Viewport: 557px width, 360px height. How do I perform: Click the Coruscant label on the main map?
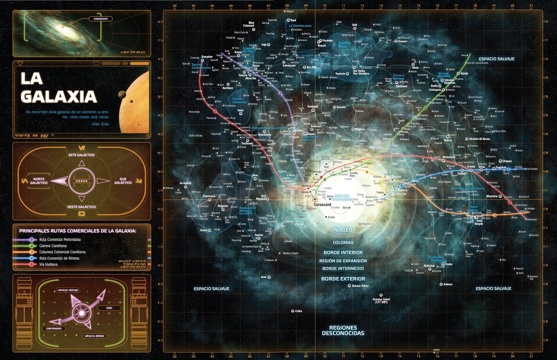click(x=322, y=205)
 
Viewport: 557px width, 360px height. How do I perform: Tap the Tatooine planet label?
click(x=449, y=80)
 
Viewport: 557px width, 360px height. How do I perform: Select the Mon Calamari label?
click(x=249, y=24)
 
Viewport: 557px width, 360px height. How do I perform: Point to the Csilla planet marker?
click(x=292, y=311)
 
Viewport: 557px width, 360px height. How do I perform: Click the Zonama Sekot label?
click(x=381, y=301)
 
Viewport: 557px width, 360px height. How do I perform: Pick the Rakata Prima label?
click(x=360, y=286)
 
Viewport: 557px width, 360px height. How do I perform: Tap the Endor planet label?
click(x=449, y=264)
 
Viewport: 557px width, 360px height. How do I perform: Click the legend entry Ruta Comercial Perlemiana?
click(x=60, y=240)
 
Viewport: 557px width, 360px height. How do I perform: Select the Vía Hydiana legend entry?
click(x=48, y=264)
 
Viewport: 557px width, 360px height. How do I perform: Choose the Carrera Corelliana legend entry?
click(x=53, y=246)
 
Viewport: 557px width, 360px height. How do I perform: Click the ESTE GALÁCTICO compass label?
click(x=81, y=155)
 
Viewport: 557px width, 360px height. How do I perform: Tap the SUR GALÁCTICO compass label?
click(x=123, y=181)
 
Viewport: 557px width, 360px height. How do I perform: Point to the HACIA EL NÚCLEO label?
click(x=68, y=290)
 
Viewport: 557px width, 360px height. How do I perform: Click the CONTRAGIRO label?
click(x=54, y=328)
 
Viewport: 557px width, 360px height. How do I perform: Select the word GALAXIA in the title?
click(x=58, y=97)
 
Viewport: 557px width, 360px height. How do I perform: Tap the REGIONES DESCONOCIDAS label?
click(x=343, y=330)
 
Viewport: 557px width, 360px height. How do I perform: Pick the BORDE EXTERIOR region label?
click(x=343, y=279)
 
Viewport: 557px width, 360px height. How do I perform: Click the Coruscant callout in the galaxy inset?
click(x=101, y=19)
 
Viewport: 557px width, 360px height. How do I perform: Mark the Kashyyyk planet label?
click(x=313, y=106)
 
